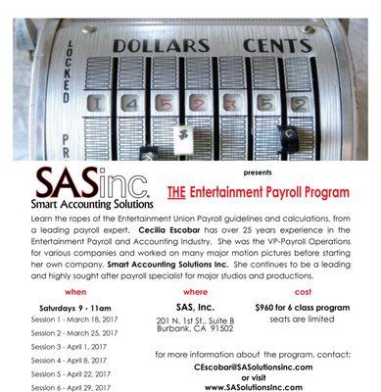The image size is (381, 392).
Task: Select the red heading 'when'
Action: (75, 291)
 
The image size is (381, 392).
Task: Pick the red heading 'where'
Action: (196, 291)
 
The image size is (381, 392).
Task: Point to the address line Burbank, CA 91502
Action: (194, 329)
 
